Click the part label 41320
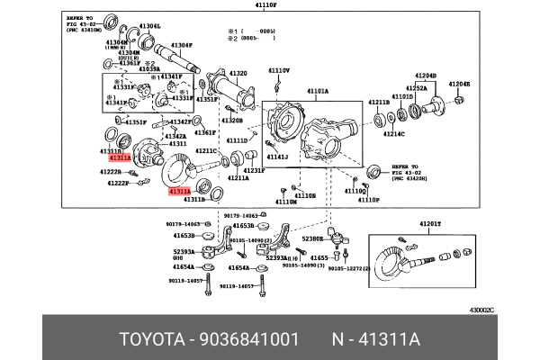coord(238,72)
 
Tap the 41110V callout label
coord(277,69)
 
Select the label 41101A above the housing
coord(318,90)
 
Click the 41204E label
coord(459,84)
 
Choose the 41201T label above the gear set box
coord(433,223)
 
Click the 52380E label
coord(313,239)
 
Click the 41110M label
coord(286,202)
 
